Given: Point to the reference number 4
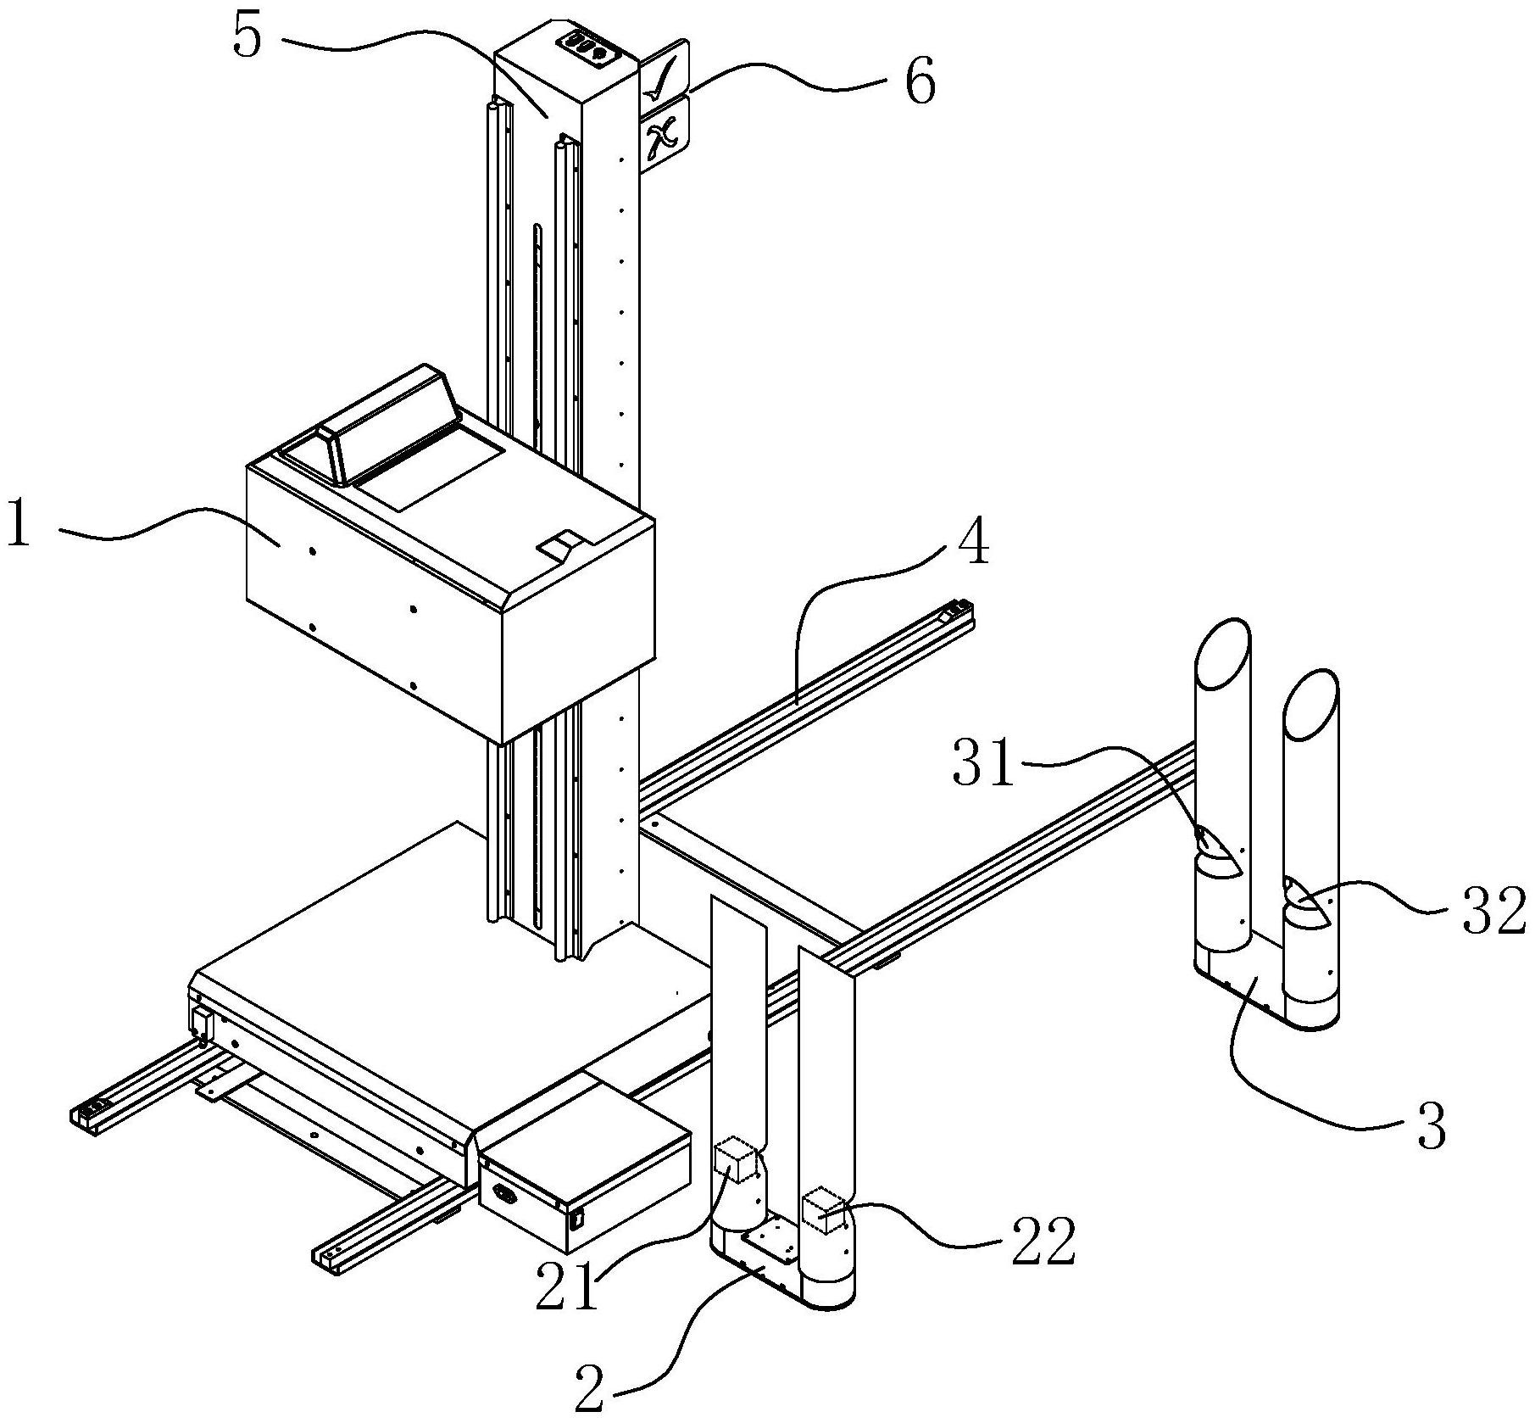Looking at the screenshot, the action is pos(972,544).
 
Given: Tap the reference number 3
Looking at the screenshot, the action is pos(1432,1126).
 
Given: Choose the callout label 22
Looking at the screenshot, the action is pos(1044,1243).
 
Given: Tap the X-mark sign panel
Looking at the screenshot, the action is pos(665,136).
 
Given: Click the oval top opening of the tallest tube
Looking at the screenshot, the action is pos(1221,651).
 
